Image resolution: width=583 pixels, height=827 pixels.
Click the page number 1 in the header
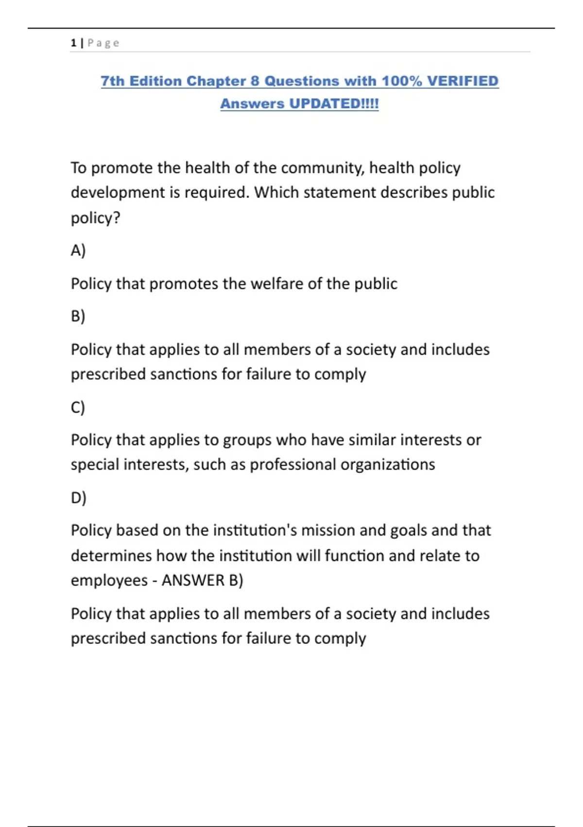73,43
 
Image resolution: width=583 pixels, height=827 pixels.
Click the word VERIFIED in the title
463,81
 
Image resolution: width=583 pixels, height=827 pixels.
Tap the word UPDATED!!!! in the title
334,104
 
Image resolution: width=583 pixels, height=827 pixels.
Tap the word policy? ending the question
95,217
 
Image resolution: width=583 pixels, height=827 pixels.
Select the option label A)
78,250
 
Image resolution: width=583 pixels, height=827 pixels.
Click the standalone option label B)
78,316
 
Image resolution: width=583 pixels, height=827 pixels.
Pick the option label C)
78,407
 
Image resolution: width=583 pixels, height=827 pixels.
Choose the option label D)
79,497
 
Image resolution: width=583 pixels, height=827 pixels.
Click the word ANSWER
193,580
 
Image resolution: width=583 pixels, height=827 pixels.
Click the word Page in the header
103,43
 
